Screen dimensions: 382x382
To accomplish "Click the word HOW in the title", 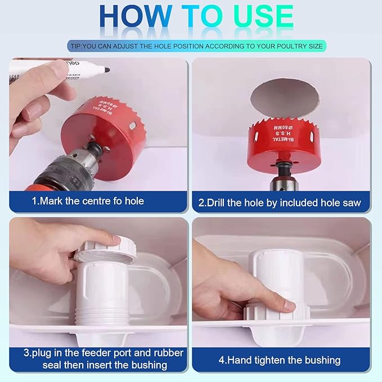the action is pos(136,16).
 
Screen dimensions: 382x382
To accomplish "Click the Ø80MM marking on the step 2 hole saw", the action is pos(284,128).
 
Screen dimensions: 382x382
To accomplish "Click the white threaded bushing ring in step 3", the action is pos(104,249).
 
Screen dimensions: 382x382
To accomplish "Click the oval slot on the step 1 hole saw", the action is pos(133,126).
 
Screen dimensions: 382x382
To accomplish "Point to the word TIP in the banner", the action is pos(75,46).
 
